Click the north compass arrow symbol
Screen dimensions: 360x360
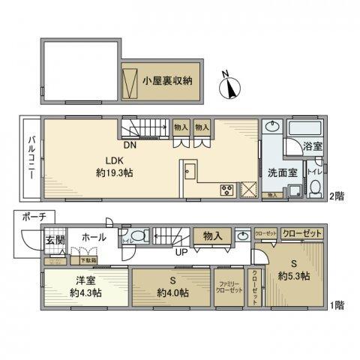(228, 88)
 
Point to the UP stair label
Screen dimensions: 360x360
(180, 251)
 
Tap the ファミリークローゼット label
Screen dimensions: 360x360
(226, 286)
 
